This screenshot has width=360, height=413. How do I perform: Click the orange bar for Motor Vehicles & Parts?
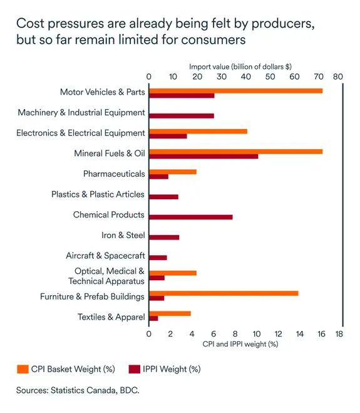235,91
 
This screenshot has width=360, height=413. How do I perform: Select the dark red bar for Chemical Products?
190,217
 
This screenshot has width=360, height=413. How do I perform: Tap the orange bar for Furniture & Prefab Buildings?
224,293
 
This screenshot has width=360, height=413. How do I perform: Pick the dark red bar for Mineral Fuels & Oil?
203,156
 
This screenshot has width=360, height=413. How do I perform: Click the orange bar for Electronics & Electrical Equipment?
198,131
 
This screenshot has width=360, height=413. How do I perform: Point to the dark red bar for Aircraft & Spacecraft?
158,258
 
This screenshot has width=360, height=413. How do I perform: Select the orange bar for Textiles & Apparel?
170,313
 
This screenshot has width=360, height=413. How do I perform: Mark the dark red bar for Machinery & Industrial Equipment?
182,116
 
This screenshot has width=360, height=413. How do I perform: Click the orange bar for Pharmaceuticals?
173,172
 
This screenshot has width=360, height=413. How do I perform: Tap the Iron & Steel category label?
123,236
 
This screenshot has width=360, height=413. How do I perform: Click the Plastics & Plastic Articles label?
98,195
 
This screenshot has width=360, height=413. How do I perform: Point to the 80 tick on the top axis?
338,76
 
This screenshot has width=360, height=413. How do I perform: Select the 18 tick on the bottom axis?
339,334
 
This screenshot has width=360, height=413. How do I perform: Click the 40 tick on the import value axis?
246,76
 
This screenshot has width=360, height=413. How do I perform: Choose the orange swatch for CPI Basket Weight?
23,369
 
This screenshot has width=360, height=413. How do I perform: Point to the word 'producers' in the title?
277,24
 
